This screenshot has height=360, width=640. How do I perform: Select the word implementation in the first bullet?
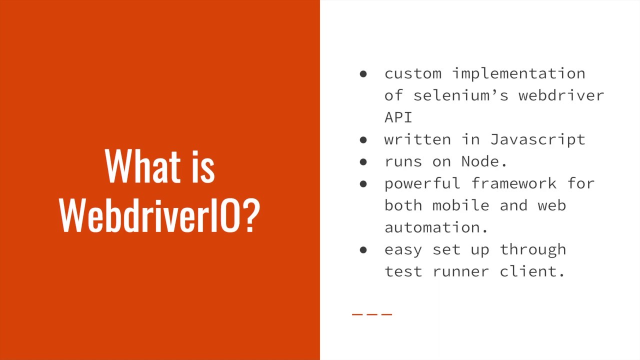point(518,73)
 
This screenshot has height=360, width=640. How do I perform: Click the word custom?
point(412,73)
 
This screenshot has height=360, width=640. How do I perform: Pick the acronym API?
point(398,117)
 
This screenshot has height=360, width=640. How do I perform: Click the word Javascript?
point(537,139)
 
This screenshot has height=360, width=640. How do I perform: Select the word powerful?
point(422,183)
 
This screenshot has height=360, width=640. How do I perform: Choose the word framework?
point(513,183)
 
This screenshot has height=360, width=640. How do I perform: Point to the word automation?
point(435,227)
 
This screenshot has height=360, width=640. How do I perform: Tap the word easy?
point(403,249)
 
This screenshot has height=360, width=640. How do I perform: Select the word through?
point(533,249)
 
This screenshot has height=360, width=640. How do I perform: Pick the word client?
point(532,271)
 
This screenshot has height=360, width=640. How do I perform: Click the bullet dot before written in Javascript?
point(363,139)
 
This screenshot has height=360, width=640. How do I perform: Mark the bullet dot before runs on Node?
point(363,161)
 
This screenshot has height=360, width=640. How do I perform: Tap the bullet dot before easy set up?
point(363,249)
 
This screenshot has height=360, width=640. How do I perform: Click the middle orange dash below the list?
point(371,314)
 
